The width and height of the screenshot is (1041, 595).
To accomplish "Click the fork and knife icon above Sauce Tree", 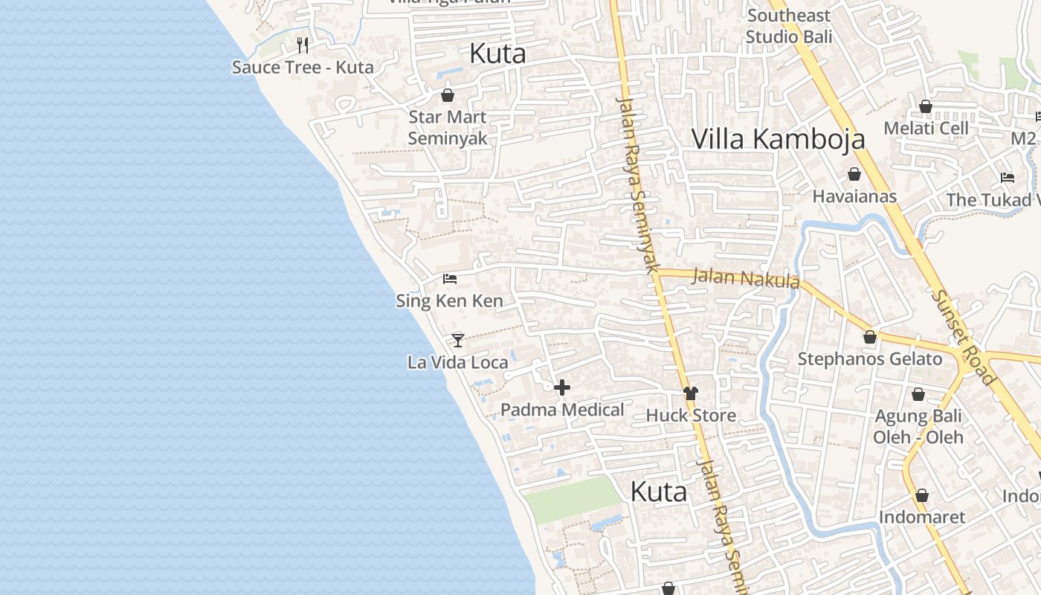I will click(x=303, y=45).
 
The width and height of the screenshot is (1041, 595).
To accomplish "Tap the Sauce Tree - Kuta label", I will click(x=303, y=68).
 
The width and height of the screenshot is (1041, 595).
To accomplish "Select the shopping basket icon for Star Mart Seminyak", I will click(x=448, y=95).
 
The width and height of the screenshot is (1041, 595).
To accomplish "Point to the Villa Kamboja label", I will click(x=779, y=139).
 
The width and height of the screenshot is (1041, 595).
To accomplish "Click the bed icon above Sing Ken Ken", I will click(x=450, y=279).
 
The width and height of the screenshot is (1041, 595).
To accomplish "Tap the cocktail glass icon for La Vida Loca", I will click(x=458, y=341).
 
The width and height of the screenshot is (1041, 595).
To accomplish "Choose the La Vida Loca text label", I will click(x=458, y=363).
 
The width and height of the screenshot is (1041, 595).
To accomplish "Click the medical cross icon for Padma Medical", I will click(x=562, y=387).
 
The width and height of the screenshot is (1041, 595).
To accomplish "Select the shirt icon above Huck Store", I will click(x=691, y=393).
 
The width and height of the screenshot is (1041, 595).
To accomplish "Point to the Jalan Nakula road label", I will click(x=746, y=278).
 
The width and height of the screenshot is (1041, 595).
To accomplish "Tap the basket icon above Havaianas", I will click(x=854, y=175).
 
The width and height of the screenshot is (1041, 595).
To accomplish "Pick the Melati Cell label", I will click(x=926, y=128).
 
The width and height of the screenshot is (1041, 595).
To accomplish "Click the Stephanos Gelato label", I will click(x=870, y=359).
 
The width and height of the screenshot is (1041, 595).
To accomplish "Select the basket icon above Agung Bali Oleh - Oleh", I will click(x=918, y=394).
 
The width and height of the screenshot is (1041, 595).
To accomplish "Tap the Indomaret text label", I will click(x=922, y=517).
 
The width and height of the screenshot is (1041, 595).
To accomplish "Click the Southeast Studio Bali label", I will click(x=788, y=26).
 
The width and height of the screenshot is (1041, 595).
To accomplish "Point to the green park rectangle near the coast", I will click(x=571, y=499).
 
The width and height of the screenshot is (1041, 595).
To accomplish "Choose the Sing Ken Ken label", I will click(x=450, y=301).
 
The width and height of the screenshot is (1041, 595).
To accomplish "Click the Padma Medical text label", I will click(x=562, y=410).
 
